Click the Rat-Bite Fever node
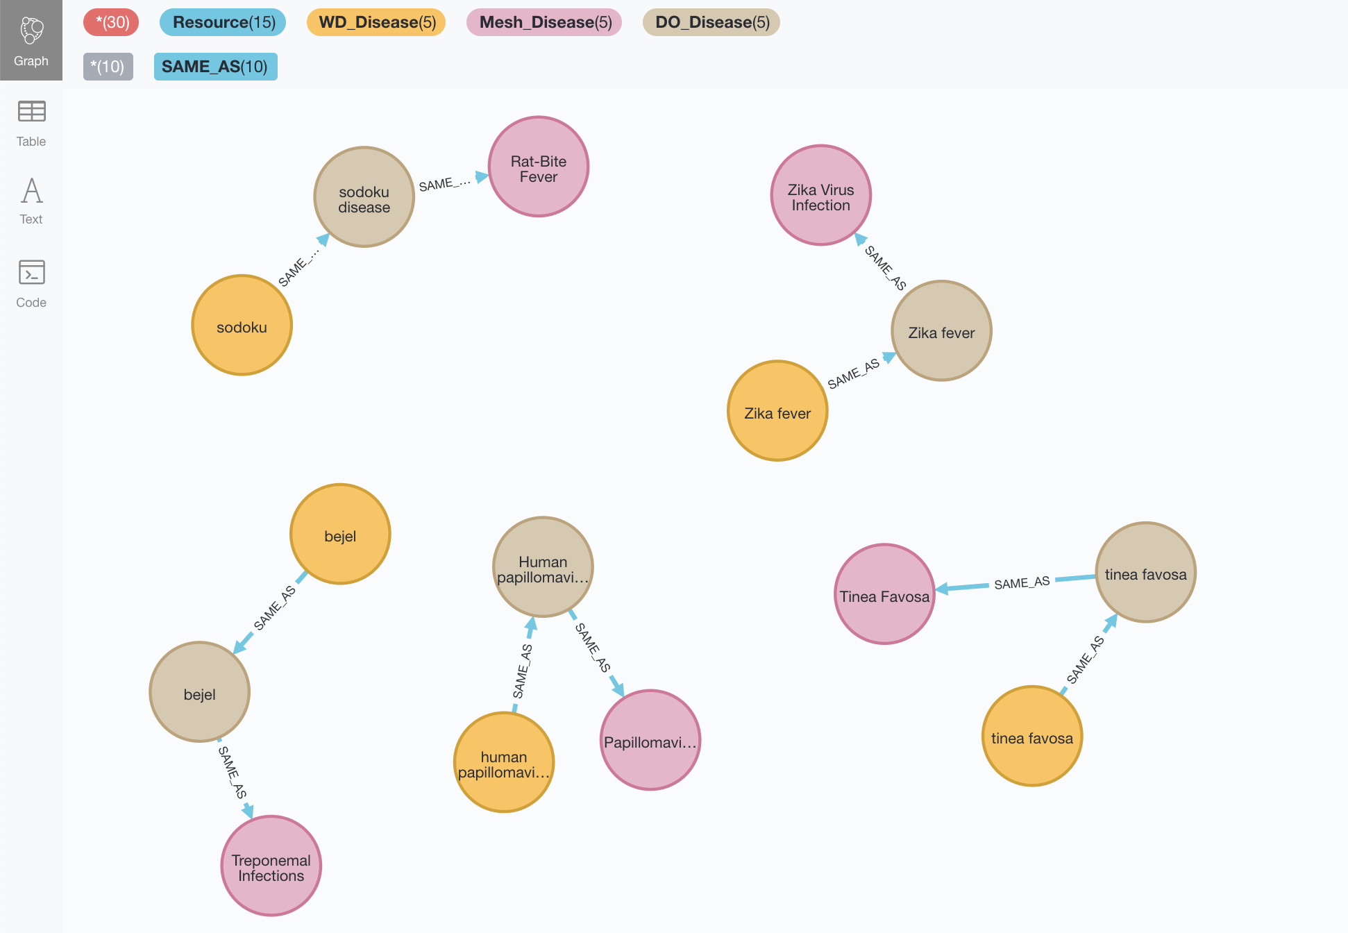[x=539, y=167]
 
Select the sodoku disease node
[x=364, y=197]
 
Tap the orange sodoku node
[x=242, y=326]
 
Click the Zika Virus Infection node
[x=820, y=196]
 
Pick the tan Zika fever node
[x=941, y=331]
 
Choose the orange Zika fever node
[x=777, y=411]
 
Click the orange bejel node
[x=340, y=535]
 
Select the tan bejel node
[x=200, y=693]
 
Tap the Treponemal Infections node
[x=271, y=866]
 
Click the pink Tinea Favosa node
[x=884, y=595]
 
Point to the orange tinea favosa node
[x=1032, y=737]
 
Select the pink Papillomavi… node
[x=650, y=741]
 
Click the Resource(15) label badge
[x=224, y=22]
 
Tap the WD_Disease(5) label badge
[x=377, y=22]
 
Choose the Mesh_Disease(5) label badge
[x=545, y=22]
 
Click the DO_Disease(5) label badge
[x=712, y=22]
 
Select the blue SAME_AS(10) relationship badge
[x=215, y=67]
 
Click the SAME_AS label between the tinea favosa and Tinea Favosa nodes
[x=1022, y=583]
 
